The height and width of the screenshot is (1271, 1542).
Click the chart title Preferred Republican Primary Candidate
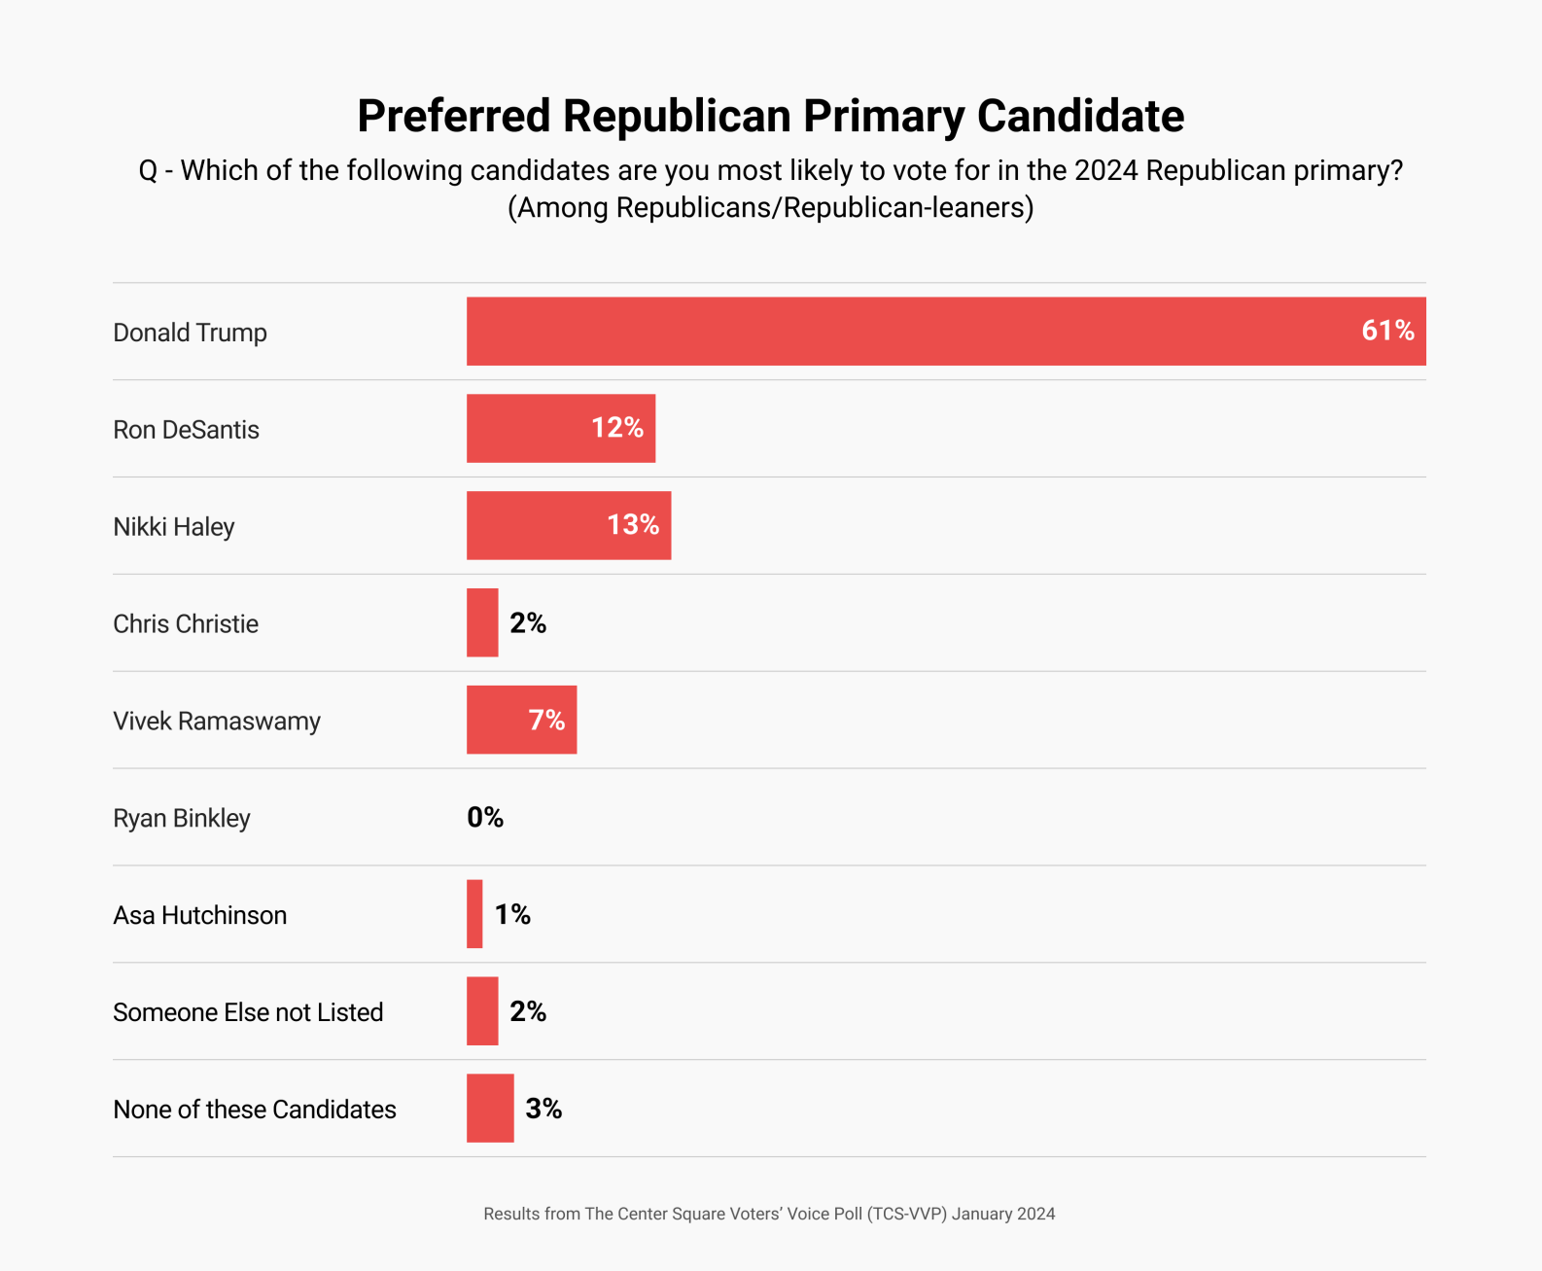pos(770,116)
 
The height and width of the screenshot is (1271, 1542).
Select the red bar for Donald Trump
pos(904,332)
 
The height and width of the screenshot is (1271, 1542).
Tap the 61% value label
pos(1387,331)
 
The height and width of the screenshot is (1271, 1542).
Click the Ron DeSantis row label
pos(186,430)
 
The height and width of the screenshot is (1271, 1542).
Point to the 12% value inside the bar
pos(617,428)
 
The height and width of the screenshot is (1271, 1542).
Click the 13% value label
pos(633,525)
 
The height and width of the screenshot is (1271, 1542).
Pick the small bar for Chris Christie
pos(482,622)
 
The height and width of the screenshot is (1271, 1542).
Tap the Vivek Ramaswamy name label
pos(217,722)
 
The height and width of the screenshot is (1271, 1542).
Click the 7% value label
pos(546,720)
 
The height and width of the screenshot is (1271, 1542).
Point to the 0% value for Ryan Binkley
pos(485,817)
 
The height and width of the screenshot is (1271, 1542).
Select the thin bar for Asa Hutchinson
pos(474,914)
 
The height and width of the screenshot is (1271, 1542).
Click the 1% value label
pos(512,914)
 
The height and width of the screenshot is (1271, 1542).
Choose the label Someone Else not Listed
pos(248,1012)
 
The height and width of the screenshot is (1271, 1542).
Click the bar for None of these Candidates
pos(490,1109)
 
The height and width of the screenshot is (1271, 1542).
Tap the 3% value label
pos(543,1109)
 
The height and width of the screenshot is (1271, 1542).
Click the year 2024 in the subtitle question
pos(1105,171)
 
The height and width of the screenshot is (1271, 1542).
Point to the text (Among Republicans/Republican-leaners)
pos(770,208)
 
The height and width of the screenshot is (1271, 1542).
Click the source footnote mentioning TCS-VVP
pos(769,1214)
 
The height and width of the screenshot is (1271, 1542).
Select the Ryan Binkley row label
pos(182,819)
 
